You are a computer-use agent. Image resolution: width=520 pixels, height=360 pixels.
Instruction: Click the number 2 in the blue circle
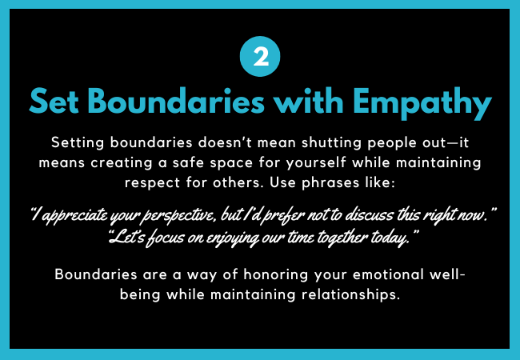coord(260,57)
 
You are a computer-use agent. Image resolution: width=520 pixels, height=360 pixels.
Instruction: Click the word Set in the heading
coord(54,102)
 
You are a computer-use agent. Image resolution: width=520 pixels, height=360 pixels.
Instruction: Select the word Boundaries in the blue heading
coord(176,101)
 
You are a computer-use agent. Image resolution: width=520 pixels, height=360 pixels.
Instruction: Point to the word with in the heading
coord(309,101)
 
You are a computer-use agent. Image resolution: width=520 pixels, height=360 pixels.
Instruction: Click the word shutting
coord(331,143)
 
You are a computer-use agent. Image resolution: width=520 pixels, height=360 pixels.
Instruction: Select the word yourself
coord(316,163)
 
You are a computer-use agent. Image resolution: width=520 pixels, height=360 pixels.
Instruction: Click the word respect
coord(152,183)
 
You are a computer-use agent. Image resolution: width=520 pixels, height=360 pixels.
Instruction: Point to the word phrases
coord(330,183)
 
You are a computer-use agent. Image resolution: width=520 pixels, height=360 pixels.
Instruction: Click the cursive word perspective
coord(178,216)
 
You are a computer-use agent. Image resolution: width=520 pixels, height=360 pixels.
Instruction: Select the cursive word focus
coord(165,238)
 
